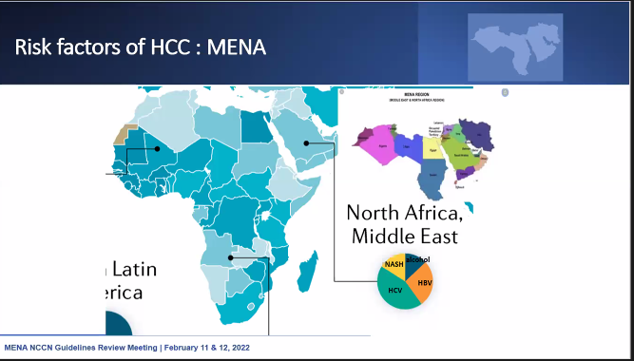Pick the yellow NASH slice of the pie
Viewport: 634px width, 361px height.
(x=394, y=265)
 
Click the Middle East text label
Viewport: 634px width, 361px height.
(x=405, y=235)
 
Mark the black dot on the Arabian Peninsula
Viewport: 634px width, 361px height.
(x=306, y=142)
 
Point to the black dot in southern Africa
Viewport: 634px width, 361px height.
(x=231, y=256)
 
